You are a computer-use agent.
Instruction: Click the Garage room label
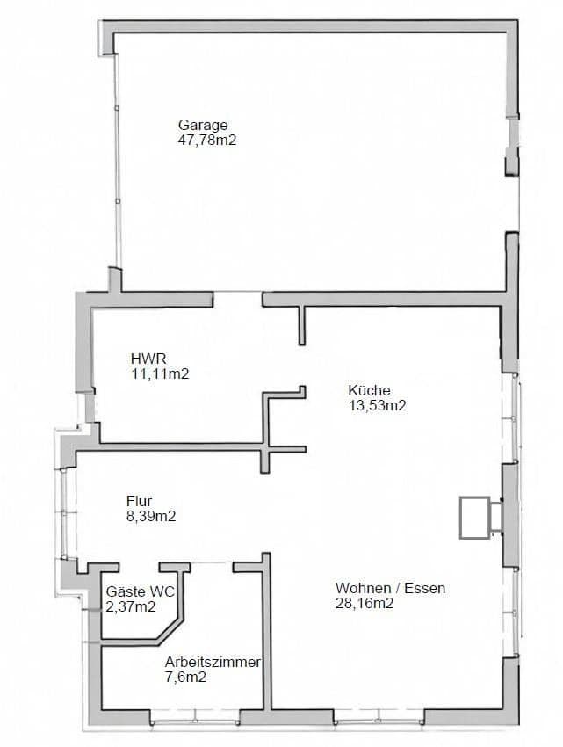coord(203,126)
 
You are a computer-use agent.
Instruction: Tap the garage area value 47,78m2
coord(208,140)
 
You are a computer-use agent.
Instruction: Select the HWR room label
coord(148,359)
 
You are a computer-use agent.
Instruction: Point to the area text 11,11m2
coord(160,373)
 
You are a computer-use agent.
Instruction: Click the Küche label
coord(368,390)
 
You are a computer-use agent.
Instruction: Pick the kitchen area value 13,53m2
coord(378,405)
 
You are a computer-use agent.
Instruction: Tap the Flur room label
coord(139,502)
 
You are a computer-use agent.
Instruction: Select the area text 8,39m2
coord(151,517)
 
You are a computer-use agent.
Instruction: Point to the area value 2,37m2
coord(131,606)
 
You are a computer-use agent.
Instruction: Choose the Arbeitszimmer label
coord(213,662)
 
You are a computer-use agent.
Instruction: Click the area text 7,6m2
coord(185,677)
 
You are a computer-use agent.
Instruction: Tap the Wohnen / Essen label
coord(390,588)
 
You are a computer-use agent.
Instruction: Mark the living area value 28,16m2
coord(364,603)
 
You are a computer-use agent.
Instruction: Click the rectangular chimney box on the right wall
coord(474,517)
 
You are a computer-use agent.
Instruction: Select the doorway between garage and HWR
coord(238,300)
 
